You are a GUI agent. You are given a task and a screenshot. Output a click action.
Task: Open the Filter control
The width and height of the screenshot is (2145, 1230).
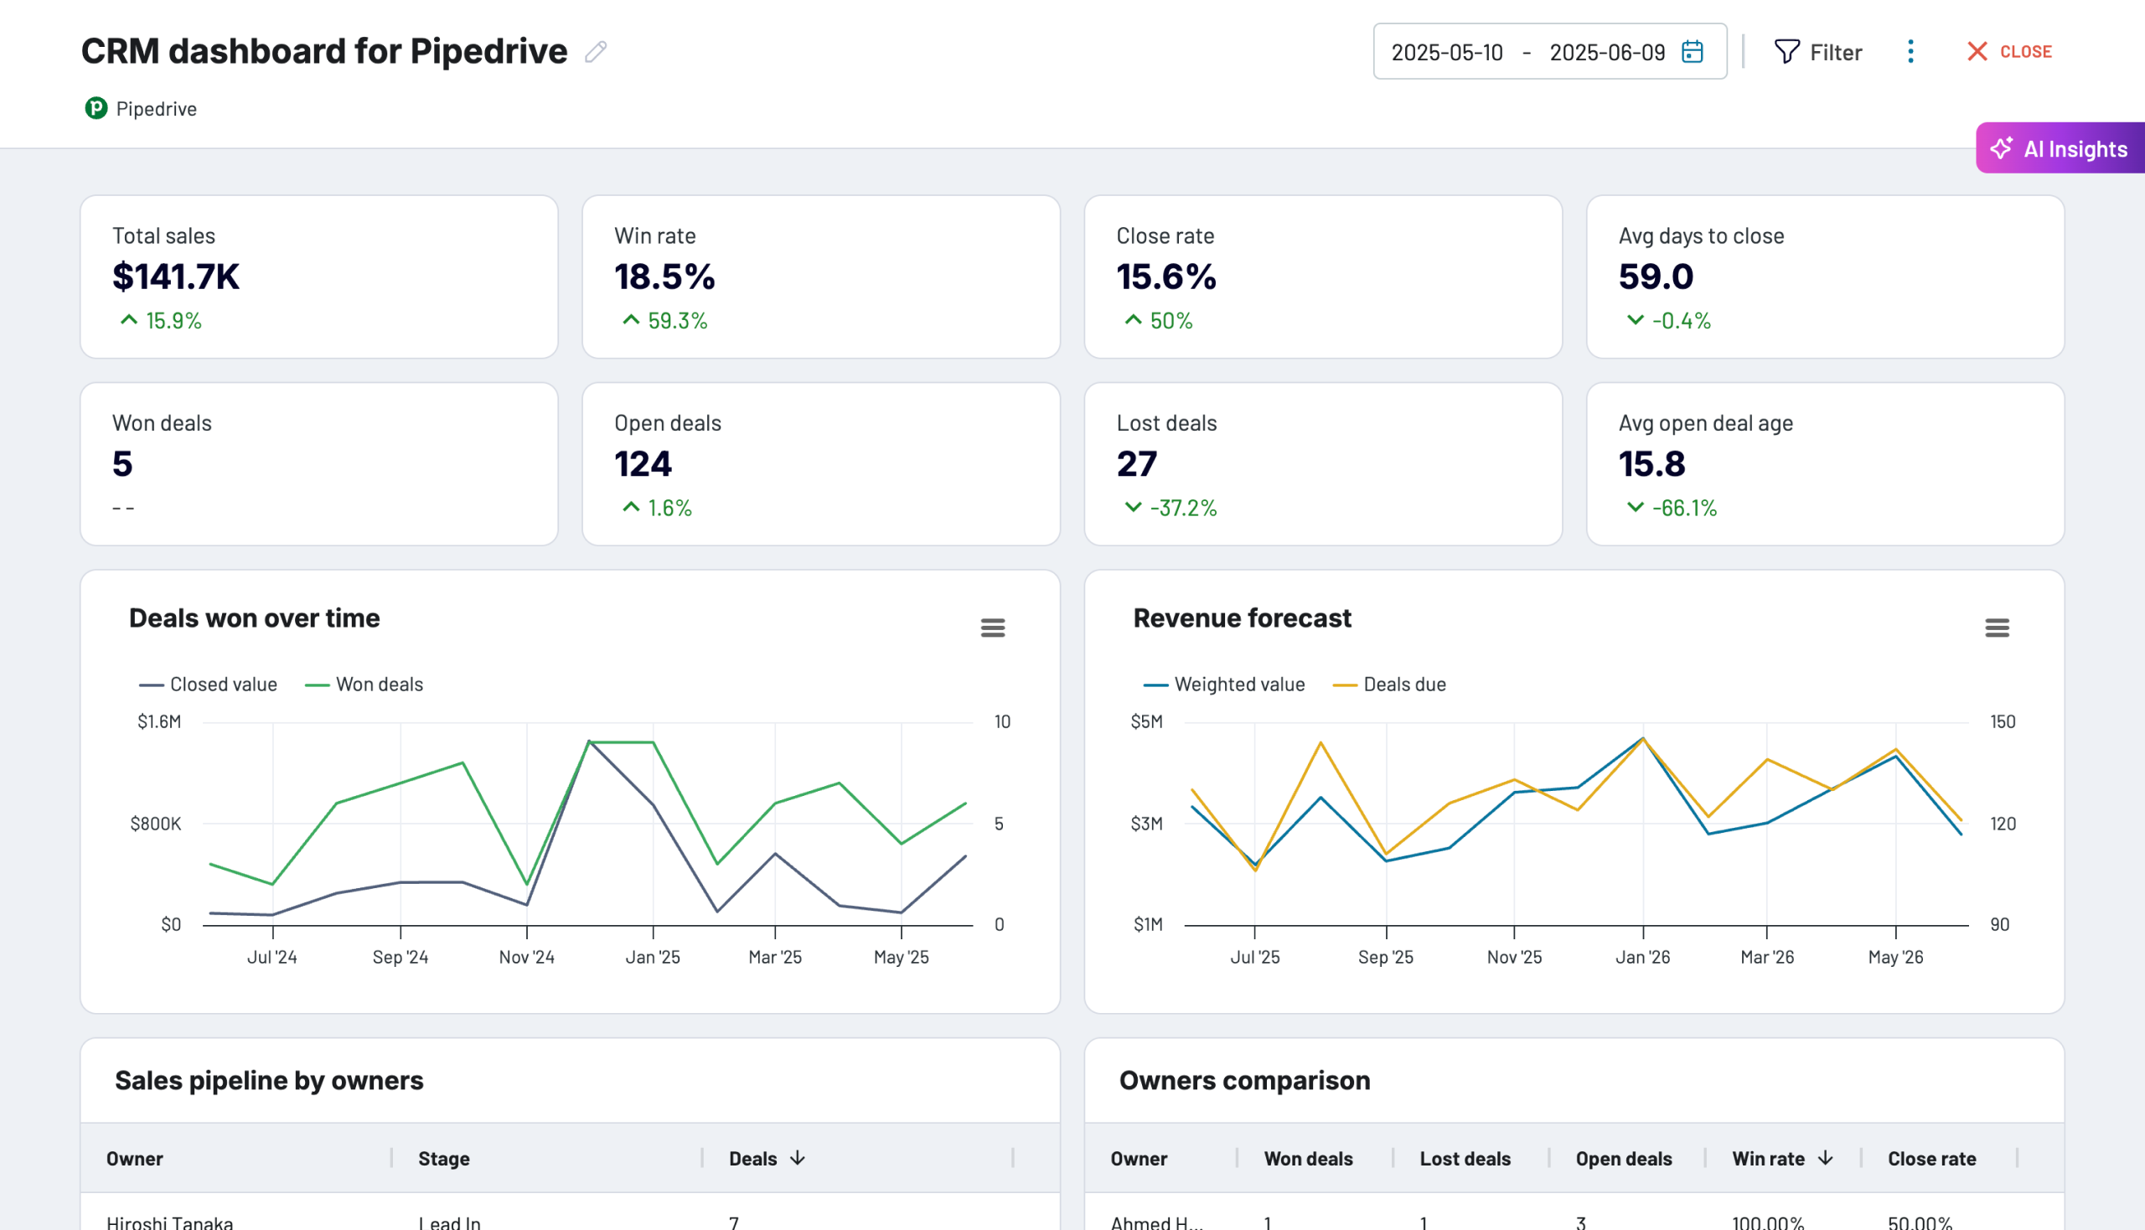point(1817,53)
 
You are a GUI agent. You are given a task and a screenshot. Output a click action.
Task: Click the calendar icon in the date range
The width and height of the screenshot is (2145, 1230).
point(1693,52)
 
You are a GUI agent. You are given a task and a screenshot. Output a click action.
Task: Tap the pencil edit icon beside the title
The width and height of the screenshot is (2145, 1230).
point(596,52)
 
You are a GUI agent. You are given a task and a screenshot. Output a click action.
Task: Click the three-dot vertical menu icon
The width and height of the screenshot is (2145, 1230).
point(1910,52)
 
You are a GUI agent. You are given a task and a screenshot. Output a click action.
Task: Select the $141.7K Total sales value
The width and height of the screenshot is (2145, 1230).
point(176,276)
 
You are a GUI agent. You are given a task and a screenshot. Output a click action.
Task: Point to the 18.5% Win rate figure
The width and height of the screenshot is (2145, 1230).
point(664,276)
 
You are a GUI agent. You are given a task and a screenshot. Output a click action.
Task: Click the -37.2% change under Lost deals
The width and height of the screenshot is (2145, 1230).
point(1182,508)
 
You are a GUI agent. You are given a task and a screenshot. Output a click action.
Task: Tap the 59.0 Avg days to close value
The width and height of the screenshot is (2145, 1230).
point(1655,276)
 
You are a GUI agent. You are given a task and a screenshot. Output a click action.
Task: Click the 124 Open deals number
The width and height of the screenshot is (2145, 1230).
point(643,464)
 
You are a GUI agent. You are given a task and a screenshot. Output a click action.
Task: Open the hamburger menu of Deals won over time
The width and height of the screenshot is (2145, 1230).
point(993,628)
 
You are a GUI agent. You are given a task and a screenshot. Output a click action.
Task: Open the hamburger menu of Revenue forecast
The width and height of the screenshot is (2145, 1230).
point(1997,628)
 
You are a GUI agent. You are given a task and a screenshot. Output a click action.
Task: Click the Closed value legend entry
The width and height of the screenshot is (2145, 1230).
point(222,685)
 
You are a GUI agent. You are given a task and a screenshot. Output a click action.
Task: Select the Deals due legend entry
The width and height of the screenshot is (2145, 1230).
point(1403,685)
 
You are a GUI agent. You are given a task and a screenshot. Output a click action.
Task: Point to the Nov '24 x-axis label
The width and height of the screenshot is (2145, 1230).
point(526,957)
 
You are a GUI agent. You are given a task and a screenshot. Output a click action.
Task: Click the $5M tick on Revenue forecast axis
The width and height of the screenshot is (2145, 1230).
point(1146,721)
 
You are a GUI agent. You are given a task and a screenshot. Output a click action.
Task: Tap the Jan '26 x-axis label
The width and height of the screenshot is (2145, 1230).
point(1642,957)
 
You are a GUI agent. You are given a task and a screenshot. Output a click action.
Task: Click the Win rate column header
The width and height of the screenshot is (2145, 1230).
point(1767,1158)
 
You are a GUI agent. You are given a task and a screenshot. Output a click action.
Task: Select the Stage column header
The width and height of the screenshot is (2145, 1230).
point(443,1158)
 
